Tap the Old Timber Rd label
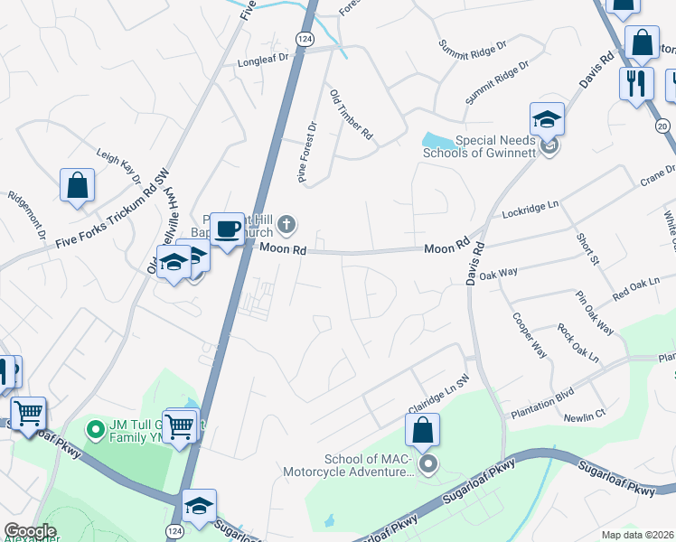(x=351, y=115)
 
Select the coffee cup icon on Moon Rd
(x=227, y=228)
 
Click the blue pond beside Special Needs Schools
(x=439, y=140)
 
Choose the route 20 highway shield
(x=662, y=126)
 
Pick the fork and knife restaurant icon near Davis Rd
(x=636, y=83)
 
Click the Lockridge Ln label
(x=531, y=211)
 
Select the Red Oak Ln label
(x=636, y=290)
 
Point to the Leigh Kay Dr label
(x=120, y=167)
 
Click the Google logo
(x=30, y=531)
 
